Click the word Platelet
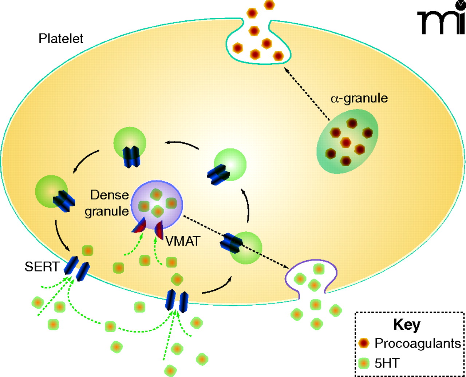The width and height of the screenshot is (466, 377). pos(61,38)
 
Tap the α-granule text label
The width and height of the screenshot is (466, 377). pos(359,98)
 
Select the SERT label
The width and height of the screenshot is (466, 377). pos(42,267)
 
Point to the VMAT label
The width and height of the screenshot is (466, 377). pos(183,241)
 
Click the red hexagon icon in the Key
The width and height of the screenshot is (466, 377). pos(364,343)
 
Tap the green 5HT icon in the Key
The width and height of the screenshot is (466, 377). pos(364,362)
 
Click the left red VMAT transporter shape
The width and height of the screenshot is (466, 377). pos(139,226)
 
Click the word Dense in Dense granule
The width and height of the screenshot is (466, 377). pos(109,195)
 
